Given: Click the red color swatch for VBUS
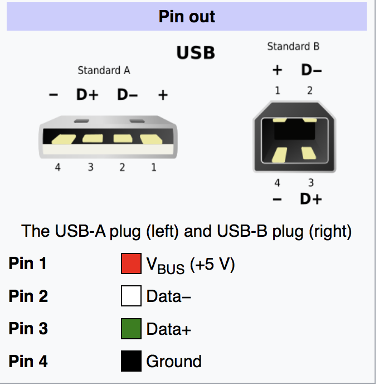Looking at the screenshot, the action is click(131, 264).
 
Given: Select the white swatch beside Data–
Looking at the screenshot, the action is click(131, 296).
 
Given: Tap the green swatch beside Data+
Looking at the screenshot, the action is click(131, 329).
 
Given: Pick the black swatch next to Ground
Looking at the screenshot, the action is click(131, 361).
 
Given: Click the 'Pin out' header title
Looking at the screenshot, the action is click(187, 17).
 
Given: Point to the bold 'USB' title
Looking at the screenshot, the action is click(196, 53).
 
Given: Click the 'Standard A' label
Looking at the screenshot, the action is click(104, 70).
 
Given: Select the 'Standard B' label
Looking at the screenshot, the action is click(293, 46).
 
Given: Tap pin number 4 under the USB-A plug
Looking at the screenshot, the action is click(58, 167).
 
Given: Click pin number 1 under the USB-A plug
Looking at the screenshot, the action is click(154, 167).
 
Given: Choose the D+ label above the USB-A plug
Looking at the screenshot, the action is click(88, 95).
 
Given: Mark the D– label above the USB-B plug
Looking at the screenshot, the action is click(312, 70).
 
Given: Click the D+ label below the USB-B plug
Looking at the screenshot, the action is click(311, 199).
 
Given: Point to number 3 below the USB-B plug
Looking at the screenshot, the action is click(311, 183).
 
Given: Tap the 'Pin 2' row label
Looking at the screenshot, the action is click(28, 296).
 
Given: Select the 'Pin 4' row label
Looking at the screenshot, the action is click(28, 361).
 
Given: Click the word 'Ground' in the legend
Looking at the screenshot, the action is click(174, 362).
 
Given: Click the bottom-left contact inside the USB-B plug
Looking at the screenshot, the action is click(279, 155).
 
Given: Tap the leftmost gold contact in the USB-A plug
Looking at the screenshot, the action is click(64, 139).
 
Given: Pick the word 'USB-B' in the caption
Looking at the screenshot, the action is click(242, 231).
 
